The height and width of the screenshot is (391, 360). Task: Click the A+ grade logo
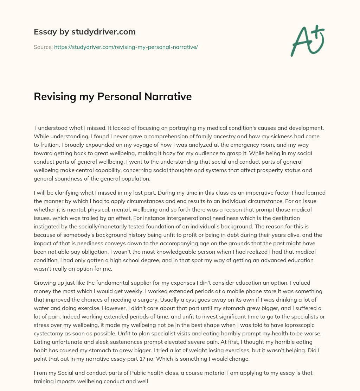point(307,40)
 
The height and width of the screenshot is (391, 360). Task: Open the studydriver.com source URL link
point(126,47)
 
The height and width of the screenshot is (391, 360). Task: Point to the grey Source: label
point(43,47)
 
